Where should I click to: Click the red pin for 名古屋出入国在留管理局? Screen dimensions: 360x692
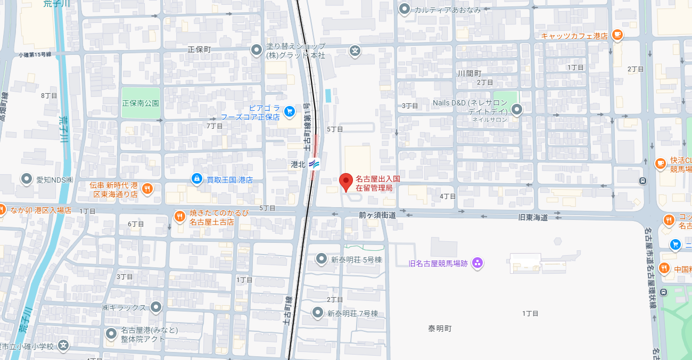(346, 182)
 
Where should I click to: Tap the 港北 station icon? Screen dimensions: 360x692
(314, 164)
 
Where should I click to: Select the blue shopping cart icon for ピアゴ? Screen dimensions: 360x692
(290, 111)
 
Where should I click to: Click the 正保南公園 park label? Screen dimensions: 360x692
(141, 103)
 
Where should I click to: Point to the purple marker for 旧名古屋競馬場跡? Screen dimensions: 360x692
(477, 263)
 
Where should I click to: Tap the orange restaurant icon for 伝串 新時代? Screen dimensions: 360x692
(147, 188)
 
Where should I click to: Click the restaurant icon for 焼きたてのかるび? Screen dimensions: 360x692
(180, 216)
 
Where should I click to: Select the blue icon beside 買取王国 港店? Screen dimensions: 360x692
(197, 179)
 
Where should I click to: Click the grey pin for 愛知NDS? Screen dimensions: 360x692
(27, 179)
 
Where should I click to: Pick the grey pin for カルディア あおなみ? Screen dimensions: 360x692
(405, 9)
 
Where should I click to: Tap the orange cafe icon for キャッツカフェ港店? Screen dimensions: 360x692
(617, 35)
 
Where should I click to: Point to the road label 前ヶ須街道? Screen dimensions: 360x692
(377, 215)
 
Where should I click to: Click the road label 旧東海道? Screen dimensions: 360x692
(533, 217)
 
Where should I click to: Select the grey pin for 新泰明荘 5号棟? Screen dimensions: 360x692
(321, 259)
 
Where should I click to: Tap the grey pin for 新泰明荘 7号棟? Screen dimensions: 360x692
(318, 313)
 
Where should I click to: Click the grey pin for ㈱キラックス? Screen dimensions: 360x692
(155, 307)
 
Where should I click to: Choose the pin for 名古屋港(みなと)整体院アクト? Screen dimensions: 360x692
(111, 334)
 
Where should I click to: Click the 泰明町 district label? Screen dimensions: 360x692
(440, 328)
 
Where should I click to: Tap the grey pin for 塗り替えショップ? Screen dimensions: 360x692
(257, 50)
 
